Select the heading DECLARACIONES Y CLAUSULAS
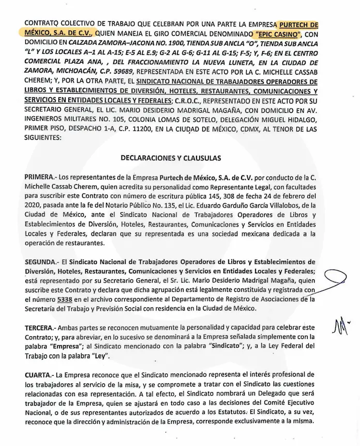coord(171,158)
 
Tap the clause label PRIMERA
coord(42,177)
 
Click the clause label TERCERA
coord(42,329)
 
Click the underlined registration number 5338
coord(64,299)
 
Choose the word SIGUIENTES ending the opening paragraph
coord(43,139)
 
